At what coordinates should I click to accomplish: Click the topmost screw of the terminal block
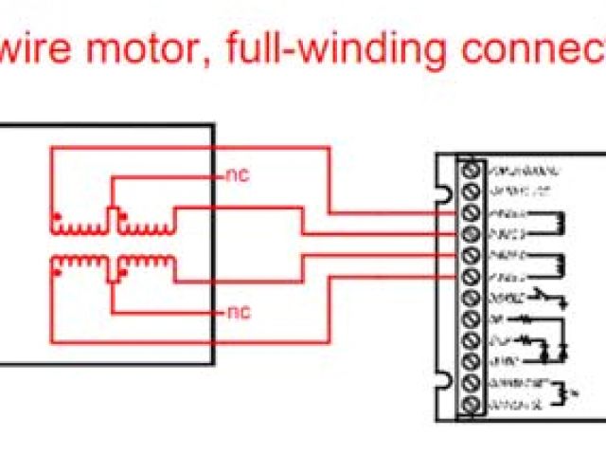(x=469, y=171)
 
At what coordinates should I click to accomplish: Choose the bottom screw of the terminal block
(x=469, y=405)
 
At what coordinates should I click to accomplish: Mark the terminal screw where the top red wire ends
(x=469, y=213)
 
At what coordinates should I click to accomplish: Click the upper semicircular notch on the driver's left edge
(x=441, y=193)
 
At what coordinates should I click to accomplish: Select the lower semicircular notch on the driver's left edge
(x=441, y=381)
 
